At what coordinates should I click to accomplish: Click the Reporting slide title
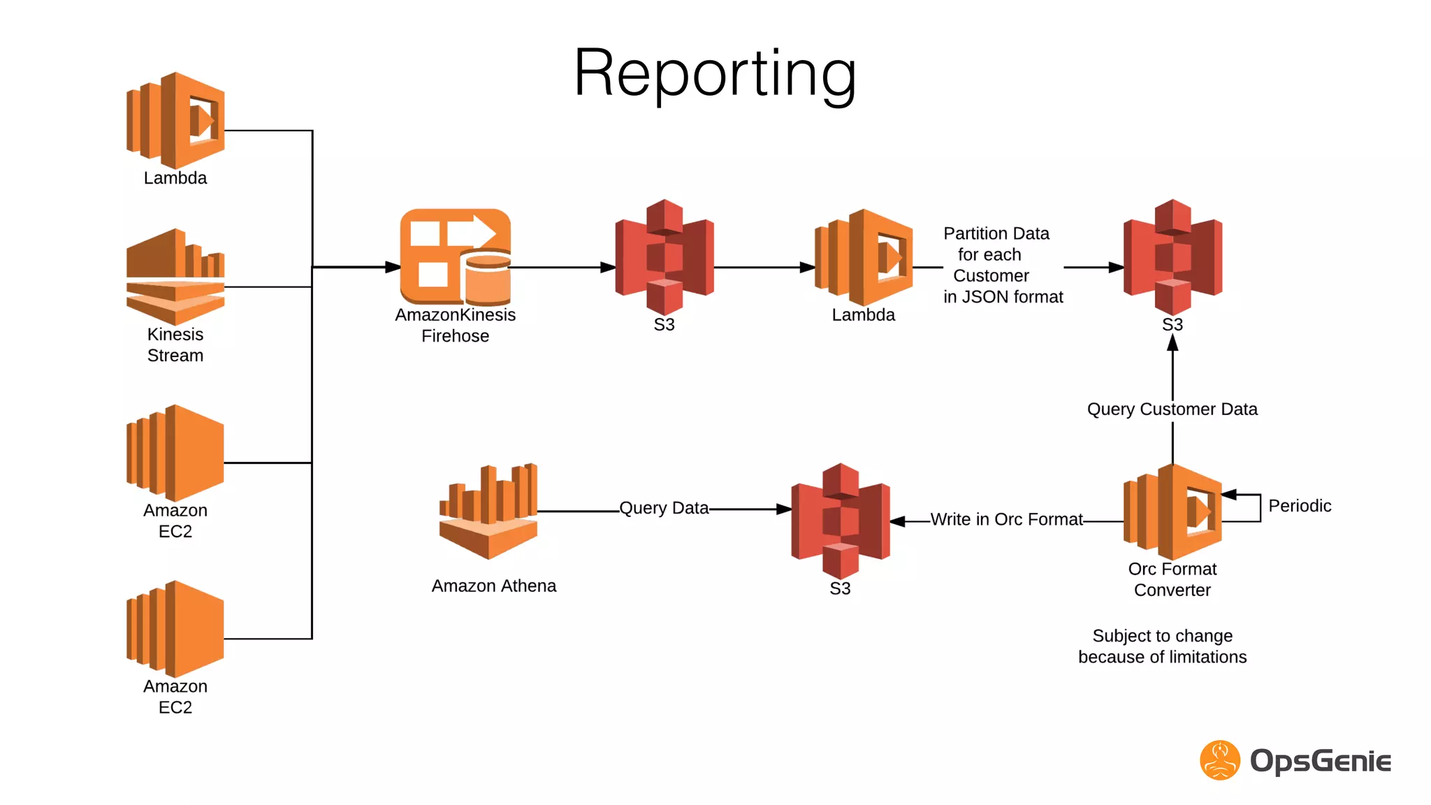pyautogui.click(x=715, y=73)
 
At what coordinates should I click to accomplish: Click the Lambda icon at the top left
pyautogui.click(x=175, y=120)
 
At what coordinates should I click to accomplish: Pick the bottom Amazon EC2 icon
pyautogui.click(x=175, y=629)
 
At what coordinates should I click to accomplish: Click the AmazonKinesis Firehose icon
pyautogui.click(x=455, y=257)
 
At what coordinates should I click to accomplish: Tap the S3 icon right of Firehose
pyautogui.click(x=664, y=257)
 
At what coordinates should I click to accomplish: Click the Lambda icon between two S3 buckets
pyautogui.click(x=864, y=257)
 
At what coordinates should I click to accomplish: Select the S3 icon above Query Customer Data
pyautogui.click(x=1172, y=257)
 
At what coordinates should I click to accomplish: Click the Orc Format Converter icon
pyautogui.click(x=1172, y=512)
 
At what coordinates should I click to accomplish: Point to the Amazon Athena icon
pyautogui.click(x=488, y=512)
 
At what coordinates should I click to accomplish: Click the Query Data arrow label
pyautogui.click(x=664, y=508)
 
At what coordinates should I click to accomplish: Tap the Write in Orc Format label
pyautogui.click(x=1006, y=519)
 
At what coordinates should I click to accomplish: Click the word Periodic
pyautogui.click(x=1300, y=506)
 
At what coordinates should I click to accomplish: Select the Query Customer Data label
pyautogui.click(x=1172, y=409)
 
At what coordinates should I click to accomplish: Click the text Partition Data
pyautogui.click(x=996, y=233)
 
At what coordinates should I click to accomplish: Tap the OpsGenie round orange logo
pyautogui.click(x=1220, y=760)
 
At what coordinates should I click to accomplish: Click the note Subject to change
pyautogui.click(x=1162, y=636)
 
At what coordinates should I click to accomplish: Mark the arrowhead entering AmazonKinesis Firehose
pyautogui.click(x=393, y=267)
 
